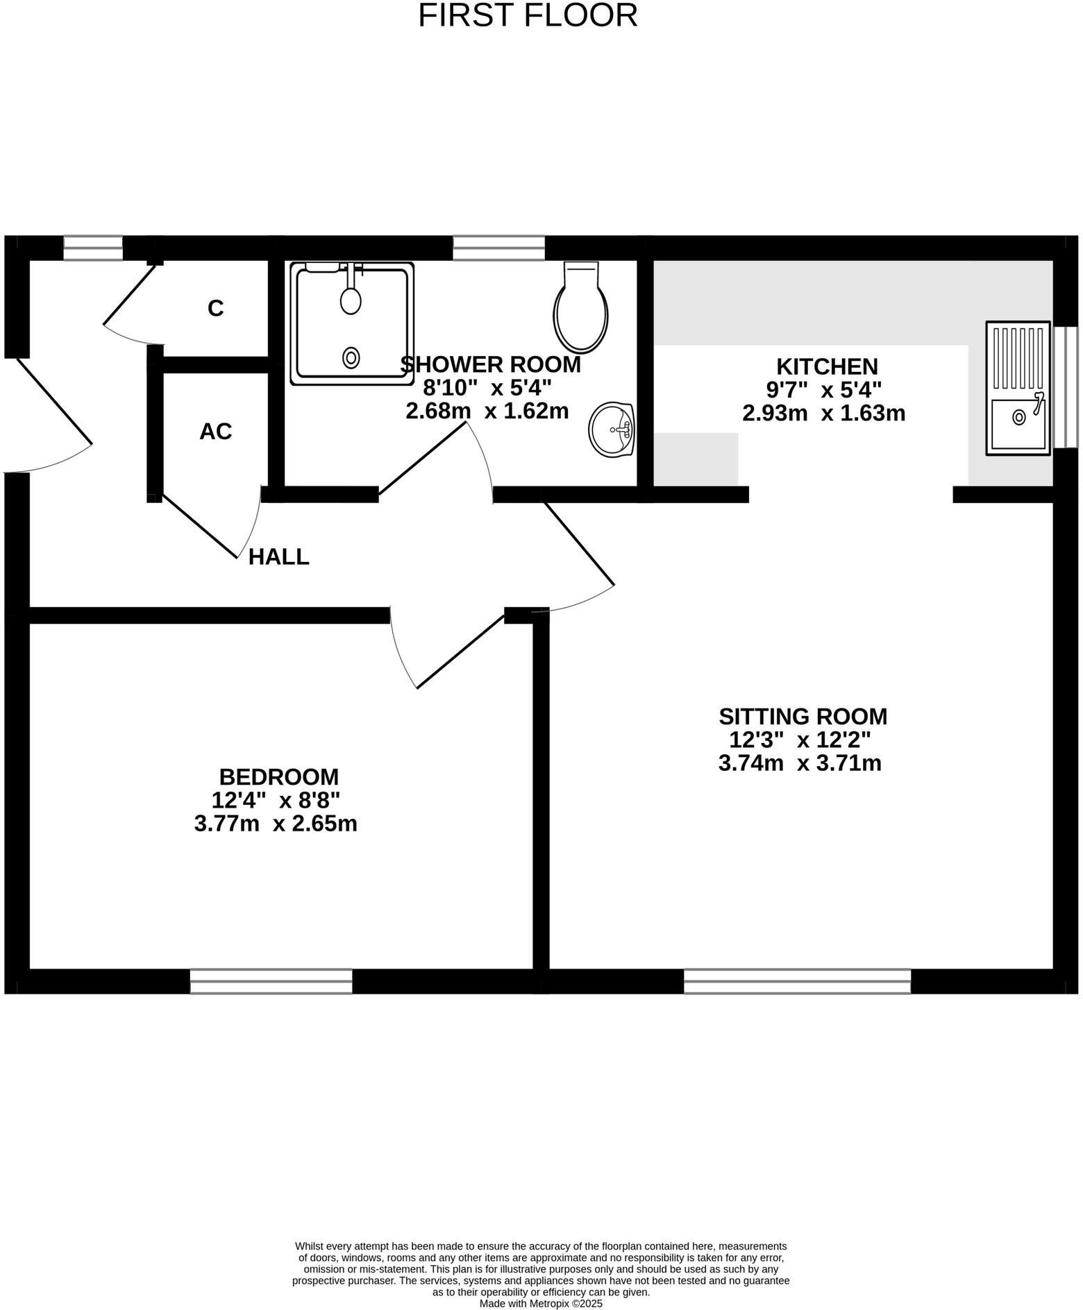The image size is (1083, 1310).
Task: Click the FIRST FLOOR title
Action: click(528, 15)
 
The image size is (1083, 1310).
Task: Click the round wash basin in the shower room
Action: click(611, 430)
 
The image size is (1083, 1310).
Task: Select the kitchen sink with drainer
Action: click(1018, 388)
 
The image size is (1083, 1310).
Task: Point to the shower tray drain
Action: click(351, 358)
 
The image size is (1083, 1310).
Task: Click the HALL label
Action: click(278, 556)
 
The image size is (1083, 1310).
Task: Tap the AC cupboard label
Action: click(215, 432)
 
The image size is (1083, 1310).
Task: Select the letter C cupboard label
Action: click(215, 308)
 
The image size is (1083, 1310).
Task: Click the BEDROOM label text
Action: click(278, 776)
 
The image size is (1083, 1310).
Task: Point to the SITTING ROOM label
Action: click(803, 716)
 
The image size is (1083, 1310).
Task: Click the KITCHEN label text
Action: click(826, 366)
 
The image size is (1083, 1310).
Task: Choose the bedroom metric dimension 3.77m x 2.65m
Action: click(276, 824)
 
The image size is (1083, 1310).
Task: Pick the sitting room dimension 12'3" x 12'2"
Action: click(800, 740)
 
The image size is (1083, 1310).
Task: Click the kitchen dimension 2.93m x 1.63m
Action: click(823, 414)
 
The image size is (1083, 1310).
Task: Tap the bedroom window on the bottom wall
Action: click(271, 981)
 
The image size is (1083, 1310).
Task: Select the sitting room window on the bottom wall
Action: click(797, 981)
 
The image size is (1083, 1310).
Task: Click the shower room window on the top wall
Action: click(498, 248)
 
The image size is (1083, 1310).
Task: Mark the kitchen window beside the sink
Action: click(1065, 386)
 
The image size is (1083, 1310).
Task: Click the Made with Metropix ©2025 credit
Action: click(541, 1304)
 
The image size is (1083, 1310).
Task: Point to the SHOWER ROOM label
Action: click(491, 364)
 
